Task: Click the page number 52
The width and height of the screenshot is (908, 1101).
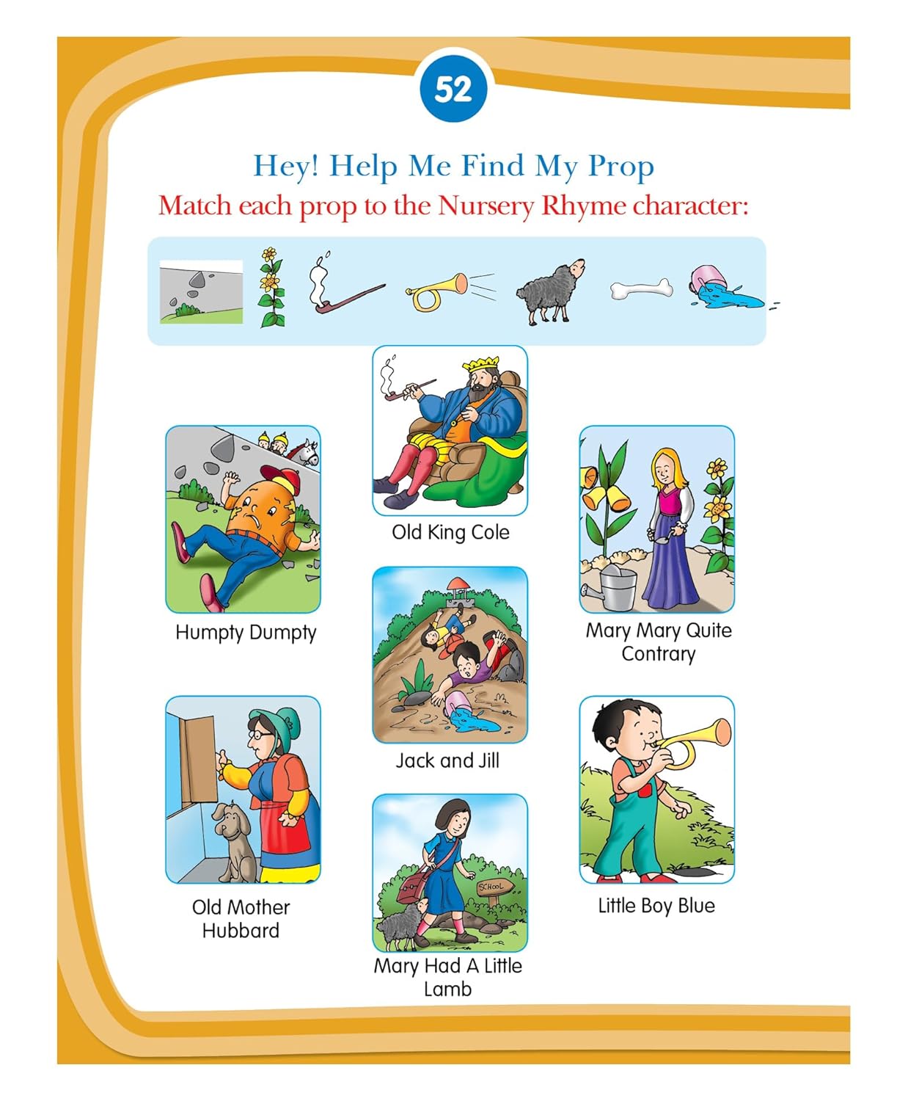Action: point(453,90)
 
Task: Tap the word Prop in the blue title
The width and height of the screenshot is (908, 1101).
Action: point(620,167)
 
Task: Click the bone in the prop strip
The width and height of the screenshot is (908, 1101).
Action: point(641,288)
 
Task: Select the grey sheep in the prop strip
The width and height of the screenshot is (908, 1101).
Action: point(551,291)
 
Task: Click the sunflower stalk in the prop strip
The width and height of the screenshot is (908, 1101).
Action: point(271,288)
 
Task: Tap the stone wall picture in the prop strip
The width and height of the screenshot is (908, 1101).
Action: point(201,291)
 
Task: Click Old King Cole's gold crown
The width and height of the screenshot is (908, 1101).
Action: point(480,364)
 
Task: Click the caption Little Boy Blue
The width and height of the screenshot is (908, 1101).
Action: point(656,905)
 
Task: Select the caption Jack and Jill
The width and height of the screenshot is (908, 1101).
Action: point(447,760)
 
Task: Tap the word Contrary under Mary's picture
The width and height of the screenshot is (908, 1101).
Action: point(658,654)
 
